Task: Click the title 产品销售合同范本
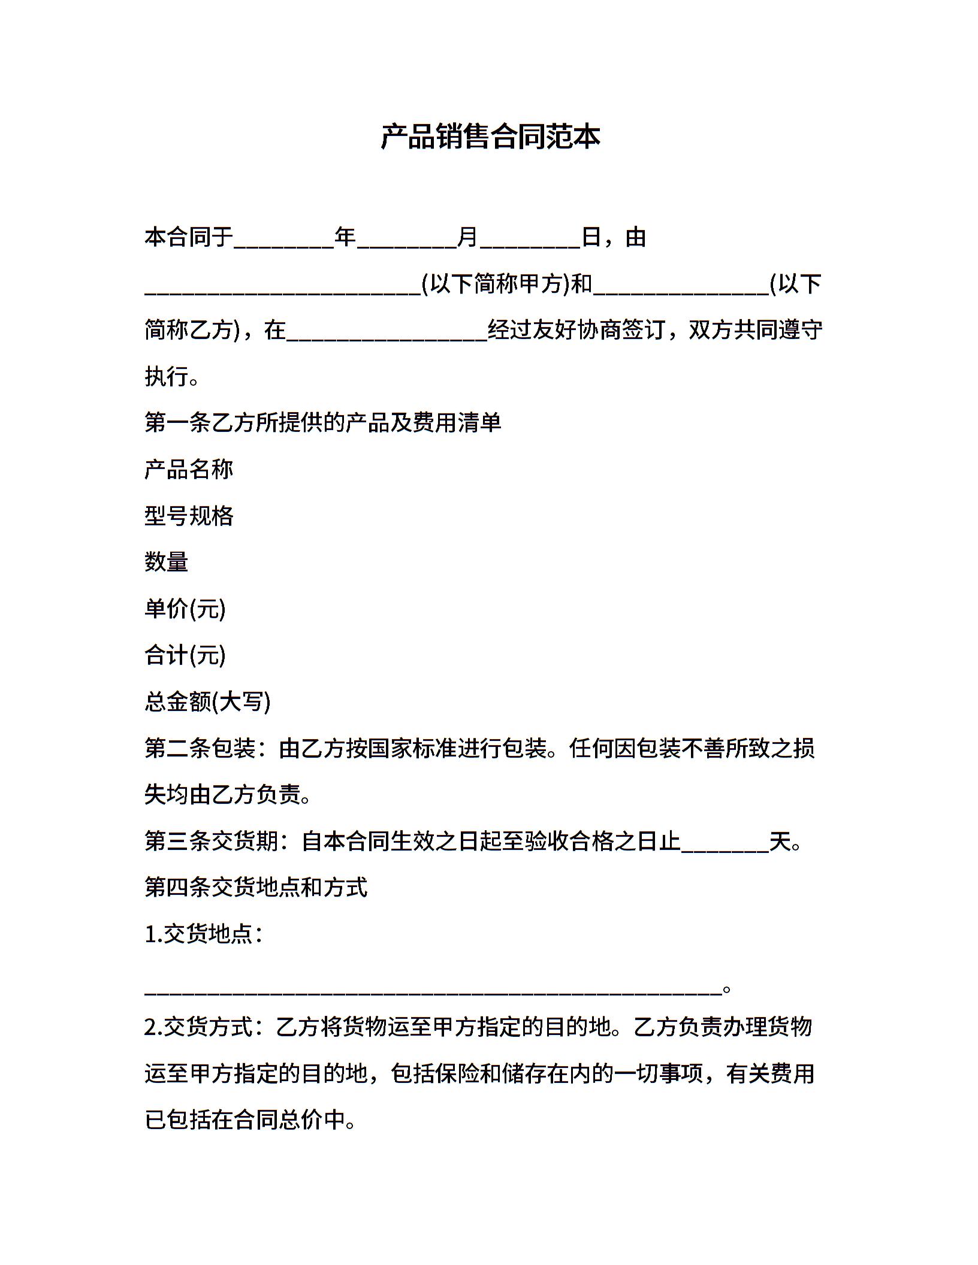pos(490,137)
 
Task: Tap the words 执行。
pos(172,377)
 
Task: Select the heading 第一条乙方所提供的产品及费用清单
pos(323,423)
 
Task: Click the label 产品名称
pos(189,470)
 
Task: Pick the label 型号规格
pos(189,516)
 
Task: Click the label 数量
pos(167,562)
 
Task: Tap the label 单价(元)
pos(185,609)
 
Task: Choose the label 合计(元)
pos(185,655)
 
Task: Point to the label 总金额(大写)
pos(207,701)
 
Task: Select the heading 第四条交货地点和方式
pos(256,888)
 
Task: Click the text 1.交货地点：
pos(204,934)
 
